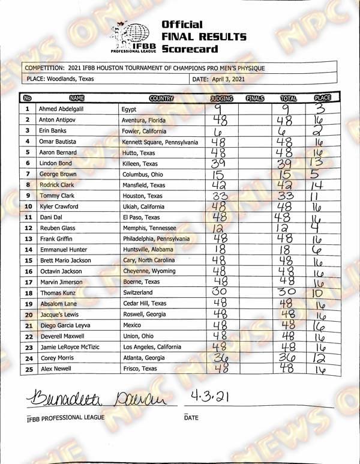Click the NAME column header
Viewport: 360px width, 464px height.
pyautogui.click(x=77, y=98)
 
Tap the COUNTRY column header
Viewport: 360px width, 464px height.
pyautogui.click(x=161, y=98)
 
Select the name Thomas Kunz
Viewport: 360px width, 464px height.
pyautogui.click(x=56, y=293)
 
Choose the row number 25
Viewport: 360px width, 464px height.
pyautogui.click(x=28, y=369)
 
